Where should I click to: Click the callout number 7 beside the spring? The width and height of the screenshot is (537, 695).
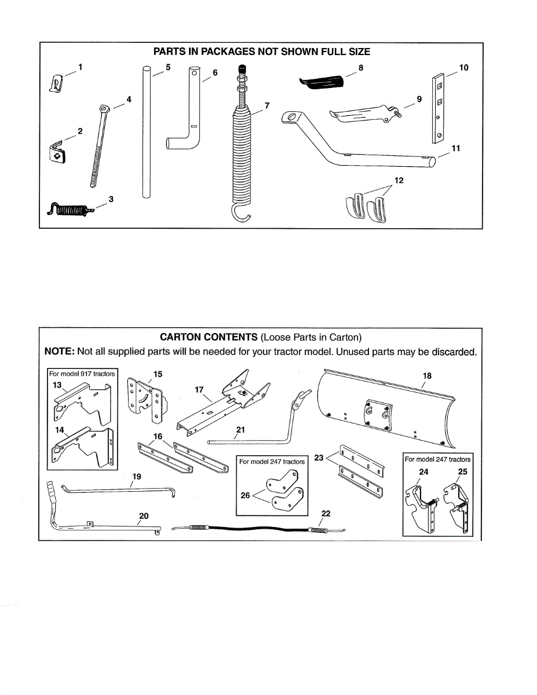[267, 105]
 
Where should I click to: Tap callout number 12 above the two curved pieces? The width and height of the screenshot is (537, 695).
[398, 181]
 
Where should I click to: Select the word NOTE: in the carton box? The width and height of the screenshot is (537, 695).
[60, 352]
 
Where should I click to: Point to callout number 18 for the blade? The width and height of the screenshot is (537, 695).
[427, 376]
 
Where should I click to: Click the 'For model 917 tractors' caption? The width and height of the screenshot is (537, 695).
[82, 374]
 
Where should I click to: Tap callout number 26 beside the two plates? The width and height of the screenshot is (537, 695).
[245, 495]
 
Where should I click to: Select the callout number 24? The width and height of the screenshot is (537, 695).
[423, 471]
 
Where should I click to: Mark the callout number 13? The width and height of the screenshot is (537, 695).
[57, 385]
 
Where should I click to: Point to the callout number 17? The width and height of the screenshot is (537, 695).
[199, 390]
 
